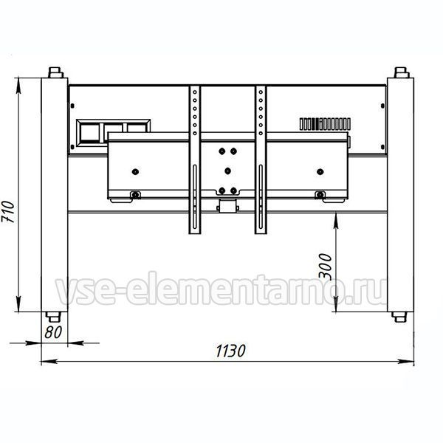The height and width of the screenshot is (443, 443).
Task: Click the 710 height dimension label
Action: point(7,212)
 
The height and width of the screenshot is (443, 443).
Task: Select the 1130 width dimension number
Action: point(230,351)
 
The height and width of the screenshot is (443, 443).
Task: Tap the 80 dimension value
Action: point(53,332)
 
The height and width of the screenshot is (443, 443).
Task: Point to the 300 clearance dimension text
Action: point(325,266)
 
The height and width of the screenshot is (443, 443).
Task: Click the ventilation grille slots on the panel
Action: point(325,124)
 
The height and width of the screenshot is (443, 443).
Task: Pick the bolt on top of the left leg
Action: point(55,72)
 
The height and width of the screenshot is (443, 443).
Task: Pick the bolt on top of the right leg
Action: point(401,72)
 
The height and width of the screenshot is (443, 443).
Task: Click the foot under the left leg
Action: point(53,317)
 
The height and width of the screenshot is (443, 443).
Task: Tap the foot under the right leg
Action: point(399,317)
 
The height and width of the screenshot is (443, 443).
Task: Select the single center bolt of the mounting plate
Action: point(228,171)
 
